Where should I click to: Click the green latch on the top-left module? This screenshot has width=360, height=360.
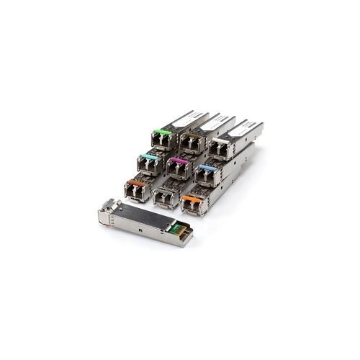click(x=164, y=131)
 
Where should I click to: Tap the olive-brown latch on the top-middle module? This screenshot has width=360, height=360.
click(x=191, y=134)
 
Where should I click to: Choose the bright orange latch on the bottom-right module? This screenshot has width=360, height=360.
click(x=191, y=196)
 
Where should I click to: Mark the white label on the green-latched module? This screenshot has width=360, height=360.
click(x=189, y=118)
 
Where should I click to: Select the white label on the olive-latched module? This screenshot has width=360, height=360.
click(x=216, y=123)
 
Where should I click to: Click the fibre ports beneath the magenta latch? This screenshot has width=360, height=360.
click(x=176, y=170)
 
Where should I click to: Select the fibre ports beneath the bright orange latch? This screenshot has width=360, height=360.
click(x=191, y=205)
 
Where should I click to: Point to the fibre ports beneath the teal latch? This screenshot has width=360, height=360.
click(x=148, y=166)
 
